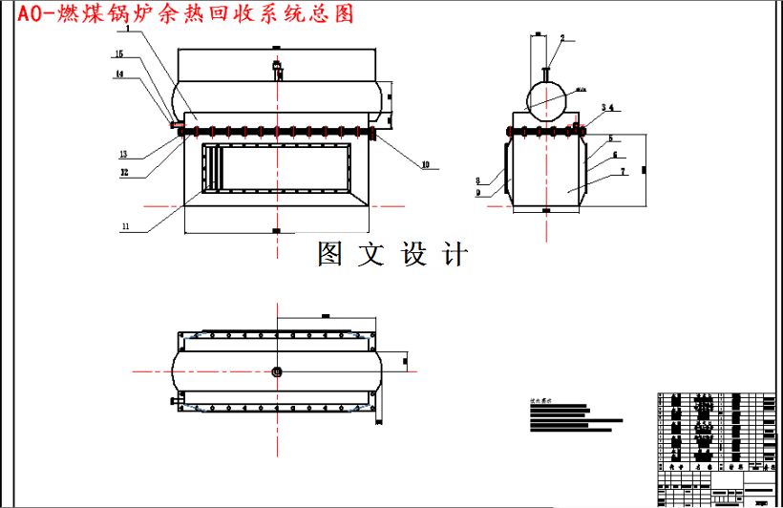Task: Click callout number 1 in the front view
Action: click(x=128, y=31)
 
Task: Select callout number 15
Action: click(x=119, y=53)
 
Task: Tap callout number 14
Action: click(x=119, y=74)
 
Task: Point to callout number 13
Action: click(x=123, y=153)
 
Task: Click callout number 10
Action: click(x=425, y=165)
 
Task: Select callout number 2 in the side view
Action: click(x=562, y=38)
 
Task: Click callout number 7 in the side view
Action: click(x=623, y=172)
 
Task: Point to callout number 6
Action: click(x=616, y=154)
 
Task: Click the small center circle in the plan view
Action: click(x=277, y=371)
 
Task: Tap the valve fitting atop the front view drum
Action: click(x=277, y=70)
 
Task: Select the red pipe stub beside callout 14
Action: click(x=175, y=123)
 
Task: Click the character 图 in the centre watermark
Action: click(x=330, y=254)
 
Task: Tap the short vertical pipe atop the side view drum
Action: click(x=546, y=72)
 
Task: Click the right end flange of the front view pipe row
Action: click(x=371, y=136)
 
